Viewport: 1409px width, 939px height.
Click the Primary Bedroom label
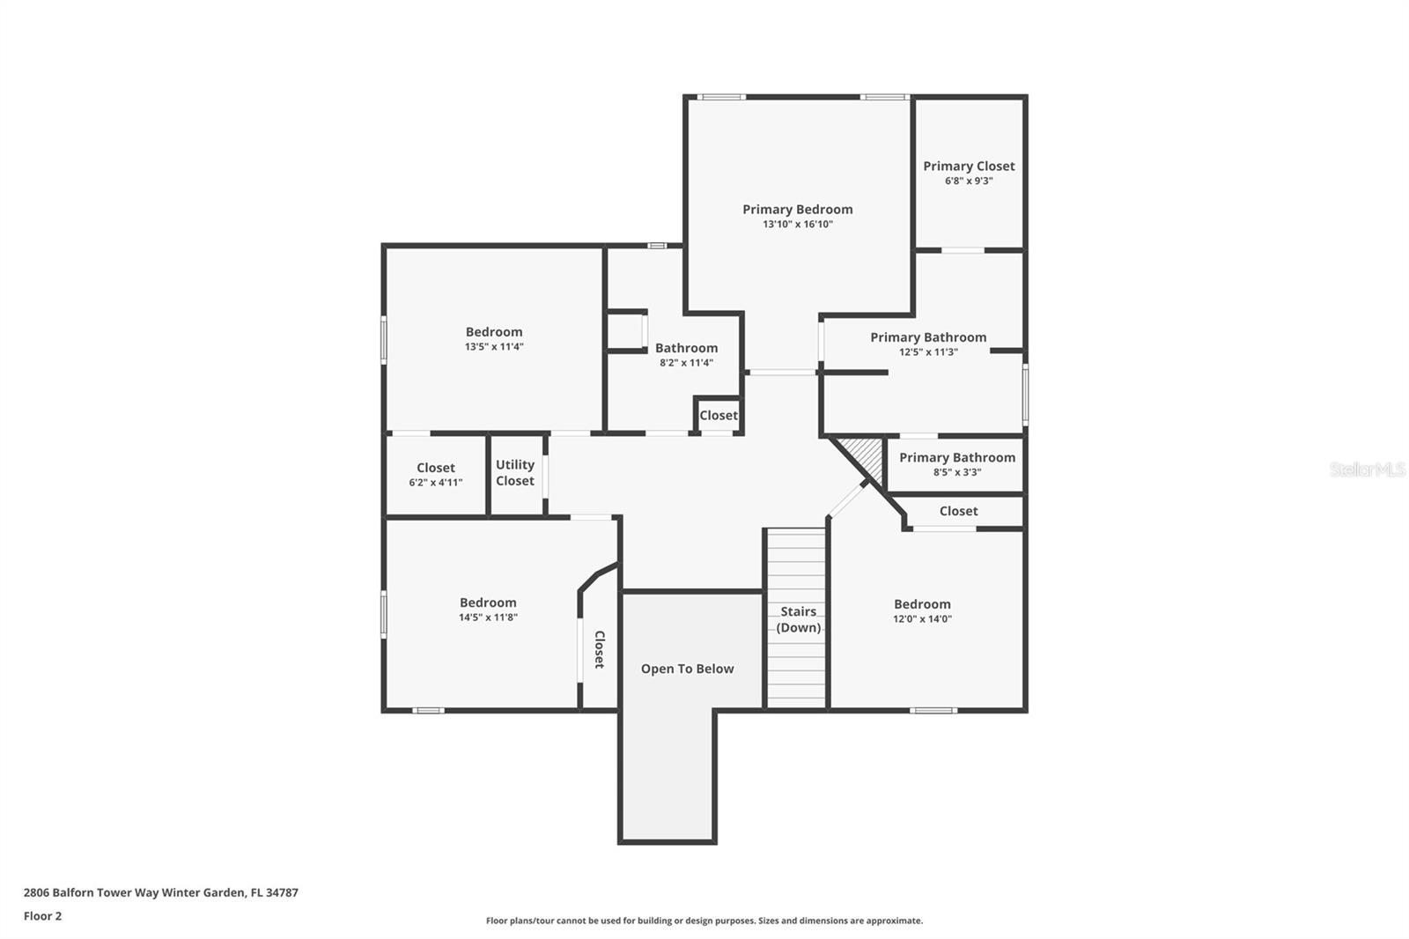798,210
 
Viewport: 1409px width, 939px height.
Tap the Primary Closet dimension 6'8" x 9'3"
969,181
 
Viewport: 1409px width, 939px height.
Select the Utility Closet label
515,473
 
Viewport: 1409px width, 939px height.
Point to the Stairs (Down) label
798,620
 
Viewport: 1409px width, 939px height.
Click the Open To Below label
688,669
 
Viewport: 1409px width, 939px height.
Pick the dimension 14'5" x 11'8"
488,617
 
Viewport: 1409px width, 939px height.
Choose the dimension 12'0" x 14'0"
922,619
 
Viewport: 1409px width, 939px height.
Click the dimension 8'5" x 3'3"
957,473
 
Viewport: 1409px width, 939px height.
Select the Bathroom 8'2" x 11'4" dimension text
686,363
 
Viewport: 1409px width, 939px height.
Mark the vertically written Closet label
600,649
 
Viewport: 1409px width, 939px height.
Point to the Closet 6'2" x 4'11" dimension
436,483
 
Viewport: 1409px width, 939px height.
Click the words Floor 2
43,916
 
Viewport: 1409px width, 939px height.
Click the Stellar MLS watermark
1368,469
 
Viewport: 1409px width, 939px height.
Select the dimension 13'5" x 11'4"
494,347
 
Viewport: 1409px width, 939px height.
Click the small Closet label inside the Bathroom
719,416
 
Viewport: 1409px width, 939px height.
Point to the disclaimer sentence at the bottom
704,921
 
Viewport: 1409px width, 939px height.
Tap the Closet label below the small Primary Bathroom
959,511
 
